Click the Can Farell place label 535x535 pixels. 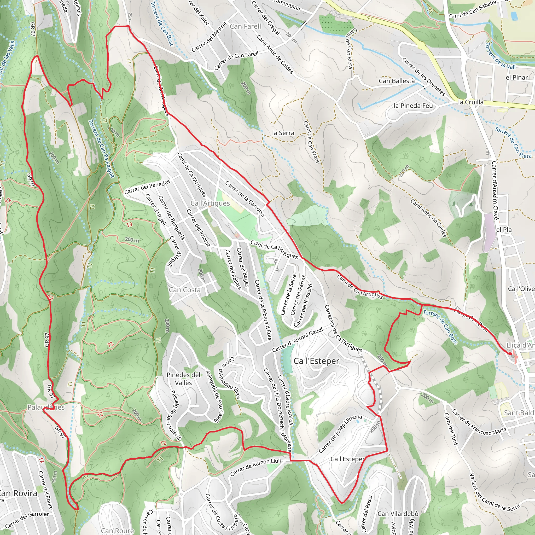[x=245, y=26]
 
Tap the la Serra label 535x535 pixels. [x=283, y=133]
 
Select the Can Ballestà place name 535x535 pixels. [x=397, y=81]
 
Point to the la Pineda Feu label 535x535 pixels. [x=413, y=106]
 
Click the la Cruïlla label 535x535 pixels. [x=470, y=102]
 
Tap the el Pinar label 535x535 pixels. [x=516, y=77]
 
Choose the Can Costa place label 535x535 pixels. [x=184, y=290]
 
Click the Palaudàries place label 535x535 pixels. [x=46, y=407]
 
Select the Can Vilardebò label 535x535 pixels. [x=398, y=514]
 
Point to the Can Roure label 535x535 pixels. [x=117, y=531]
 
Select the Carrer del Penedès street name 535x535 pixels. [x=147, y=187]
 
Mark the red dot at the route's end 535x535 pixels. [x=510, y=354]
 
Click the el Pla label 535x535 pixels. [x=504, y=230]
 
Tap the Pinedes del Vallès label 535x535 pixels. [x=183, y=379]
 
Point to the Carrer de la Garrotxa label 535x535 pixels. [x=245, y=199]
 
